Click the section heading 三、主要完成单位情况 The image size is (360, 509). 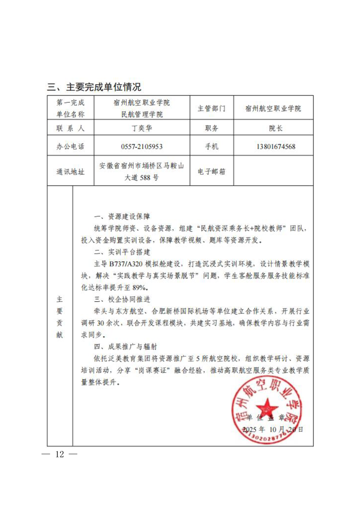point(94,87)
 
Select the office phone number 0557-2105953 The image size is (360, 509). point(141,147)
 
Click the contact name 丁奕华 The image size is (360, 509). point(141,128)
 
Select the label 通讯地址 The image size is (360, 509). point(70,172)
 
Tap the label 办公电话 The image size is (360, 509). point(70,147)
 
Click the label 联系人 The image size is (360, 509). point(70,128)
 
